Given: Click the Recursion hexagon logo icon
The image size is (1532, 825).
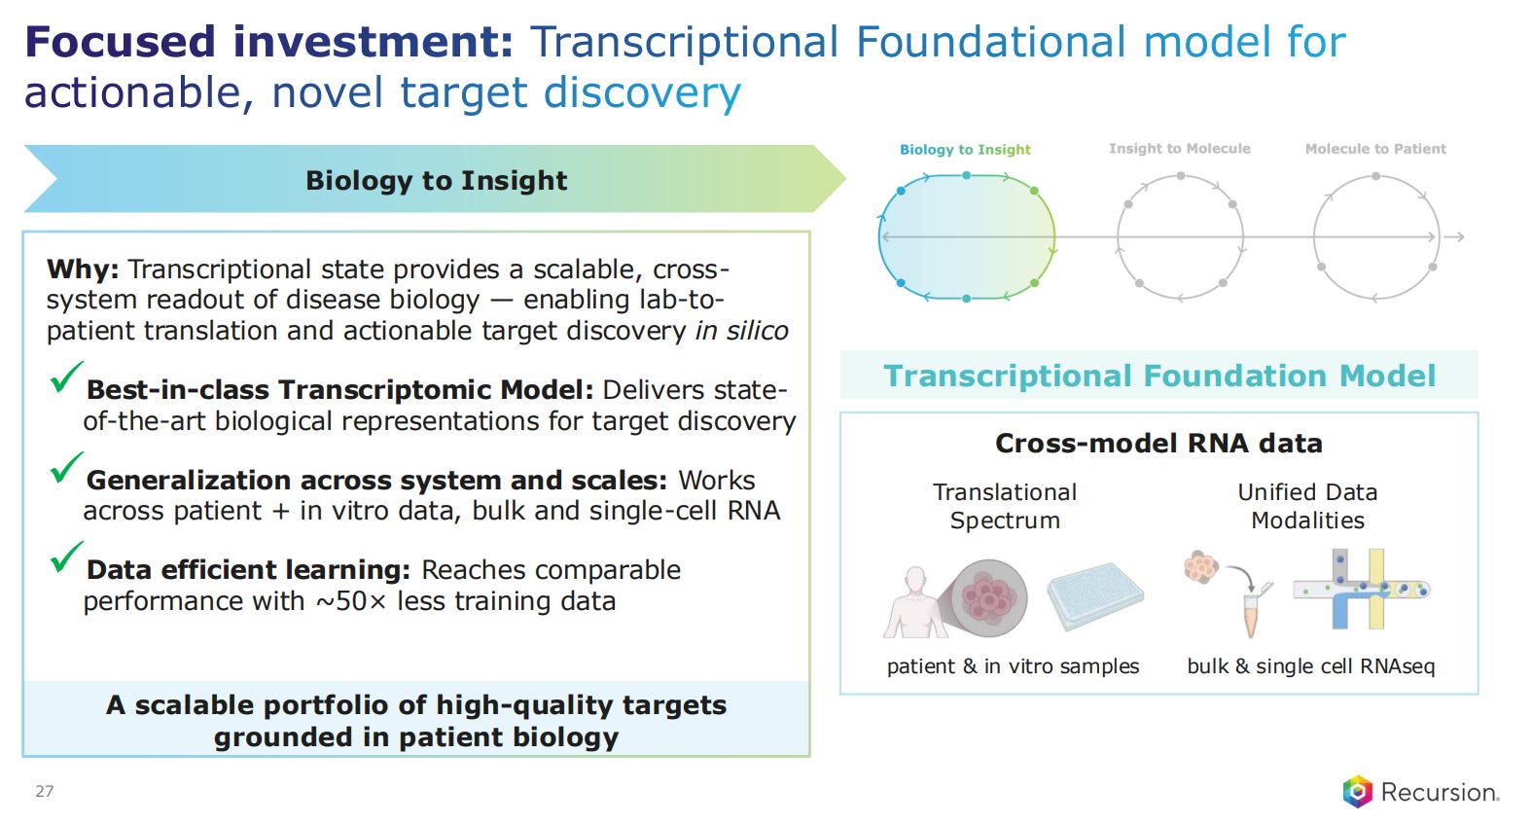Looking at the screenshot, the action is pos(1358,792).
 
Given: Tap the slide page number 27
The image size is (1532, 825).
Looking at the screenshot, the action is pos(45,792).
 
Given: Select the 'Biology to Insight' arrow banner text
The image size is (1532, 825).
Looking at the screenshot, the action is pos(437,181).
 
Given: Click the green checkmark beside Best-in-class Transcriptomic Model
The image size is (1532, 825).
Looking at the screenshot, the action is pos(66,377).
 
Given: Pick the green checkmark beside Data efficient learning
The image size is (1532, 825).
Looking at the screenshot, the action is pos(66,556).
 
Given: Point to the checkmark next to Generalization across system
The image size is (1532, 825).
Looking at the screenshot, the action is pos(66,468).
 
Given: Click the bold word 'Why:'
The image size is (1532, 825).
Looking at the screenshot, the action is pos(83,269).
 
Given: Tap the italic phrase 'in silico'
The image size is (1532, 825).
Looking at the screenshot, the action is pos(741,331).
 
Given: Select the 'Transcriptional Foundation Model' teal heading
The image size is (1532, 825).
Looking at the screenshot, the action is pos(1159,376).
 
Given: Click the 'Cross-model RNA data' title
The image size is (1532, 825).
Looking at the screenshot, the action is pos(1158,444).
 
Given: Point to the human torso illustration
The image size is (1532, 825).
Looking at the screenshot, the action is pos(915,602).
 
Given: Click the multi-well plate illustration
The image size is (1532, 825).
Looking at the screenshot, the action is pos(1095,595).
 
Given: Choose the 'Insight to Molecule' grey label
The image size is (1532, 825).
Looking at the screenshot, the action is pos(1179,149).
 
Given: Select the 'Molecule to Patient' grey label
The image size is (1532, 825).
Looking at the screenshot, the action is pos(1375,149).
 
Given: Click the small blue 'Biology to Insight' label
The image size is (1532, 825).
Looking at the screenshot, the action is pos(964,150).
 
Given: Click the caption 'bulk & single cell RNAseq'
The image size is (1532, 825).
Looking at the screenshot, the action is pos(1311,666).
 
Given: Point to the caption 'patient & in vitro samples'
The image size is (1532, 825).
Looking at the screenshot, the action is pos(1013,666).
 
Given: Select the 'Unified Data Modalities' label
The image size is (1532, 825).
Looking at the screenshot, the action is pos(1307,506).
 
